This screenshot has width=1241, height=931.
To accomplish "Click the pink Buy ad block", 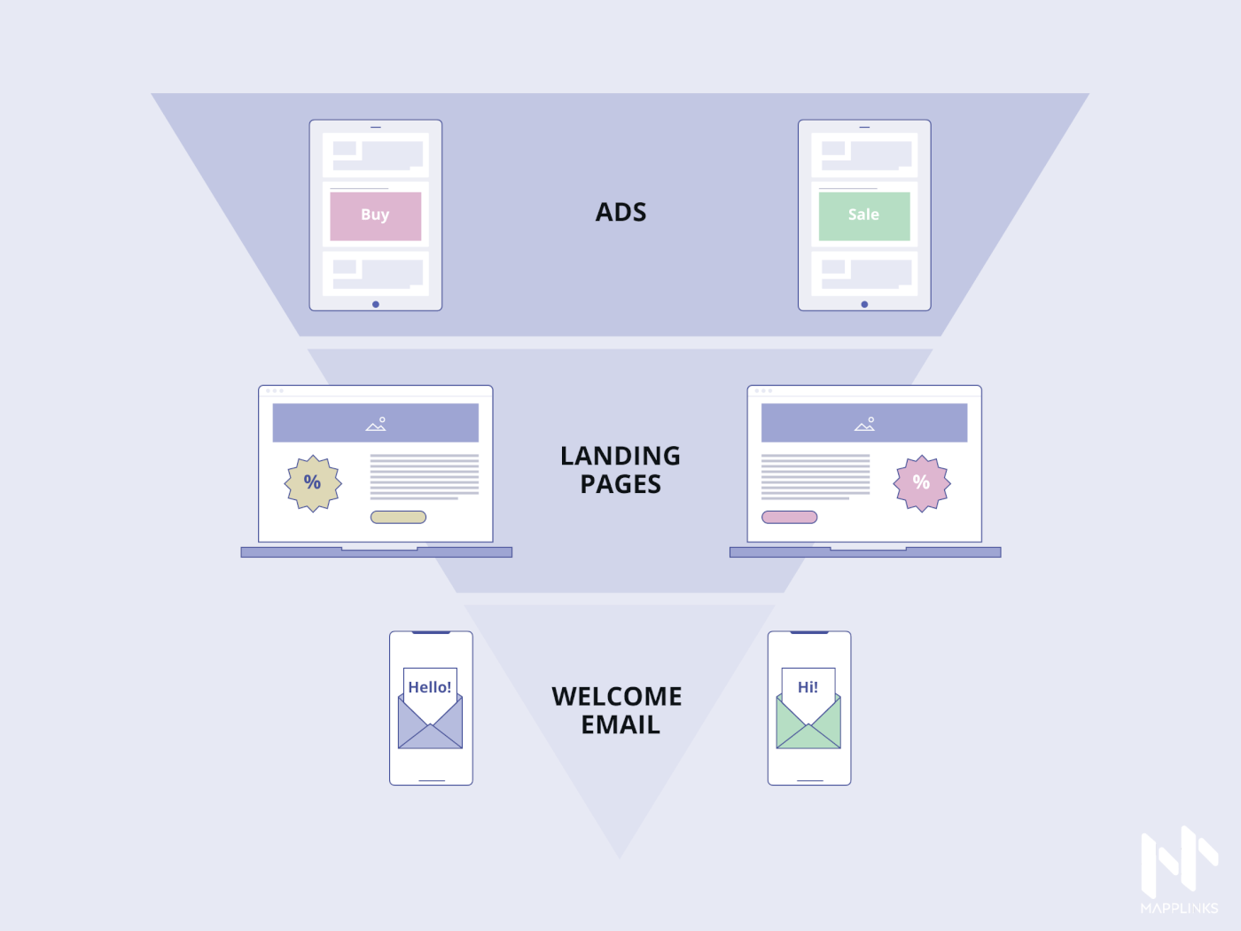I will point(375,215).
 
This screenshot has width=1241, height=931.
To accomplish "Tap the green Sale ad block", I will point(864,215).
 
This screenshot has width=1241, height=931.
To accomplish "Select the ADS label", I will point(620,213).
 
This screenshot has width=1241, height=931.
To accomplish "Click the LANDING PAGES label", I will point(620,470).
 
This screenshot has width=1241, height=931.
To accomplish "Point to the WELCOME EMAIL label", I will point(618,710).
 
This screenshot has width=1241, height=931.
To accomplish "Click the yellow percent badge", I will point(313,483).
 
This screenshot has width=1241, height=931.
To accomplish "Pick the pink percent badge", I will point(922,483).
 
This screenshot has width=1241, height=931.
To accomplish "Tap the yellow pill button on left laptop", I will point(398,517).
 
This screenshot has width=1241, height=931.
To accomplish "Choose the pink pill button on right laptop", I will point(789,517).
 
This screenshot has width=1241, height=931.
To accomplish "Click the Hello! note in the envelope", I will point(430,687).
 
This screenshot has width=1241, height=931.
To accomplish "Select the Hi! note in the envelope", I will point(808,687).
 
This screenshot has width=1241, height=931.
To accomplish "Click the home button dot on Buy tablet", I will point(376,304).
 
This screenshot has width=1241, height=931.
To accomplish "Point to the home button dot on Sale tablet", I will point(864,304).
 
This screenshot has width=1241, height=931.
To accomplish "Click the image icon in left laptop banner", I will point(376,424).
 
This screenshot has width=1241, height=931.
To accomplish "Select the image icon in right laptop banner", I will point(865,424).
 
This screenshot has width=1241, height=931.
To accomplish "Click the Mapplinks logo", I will point(1179,869).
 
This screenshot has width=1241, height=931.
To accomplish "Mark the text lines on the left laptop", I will point(424,477).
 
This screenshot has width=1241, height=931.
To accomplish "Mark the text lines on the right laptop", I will point(816,477).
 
